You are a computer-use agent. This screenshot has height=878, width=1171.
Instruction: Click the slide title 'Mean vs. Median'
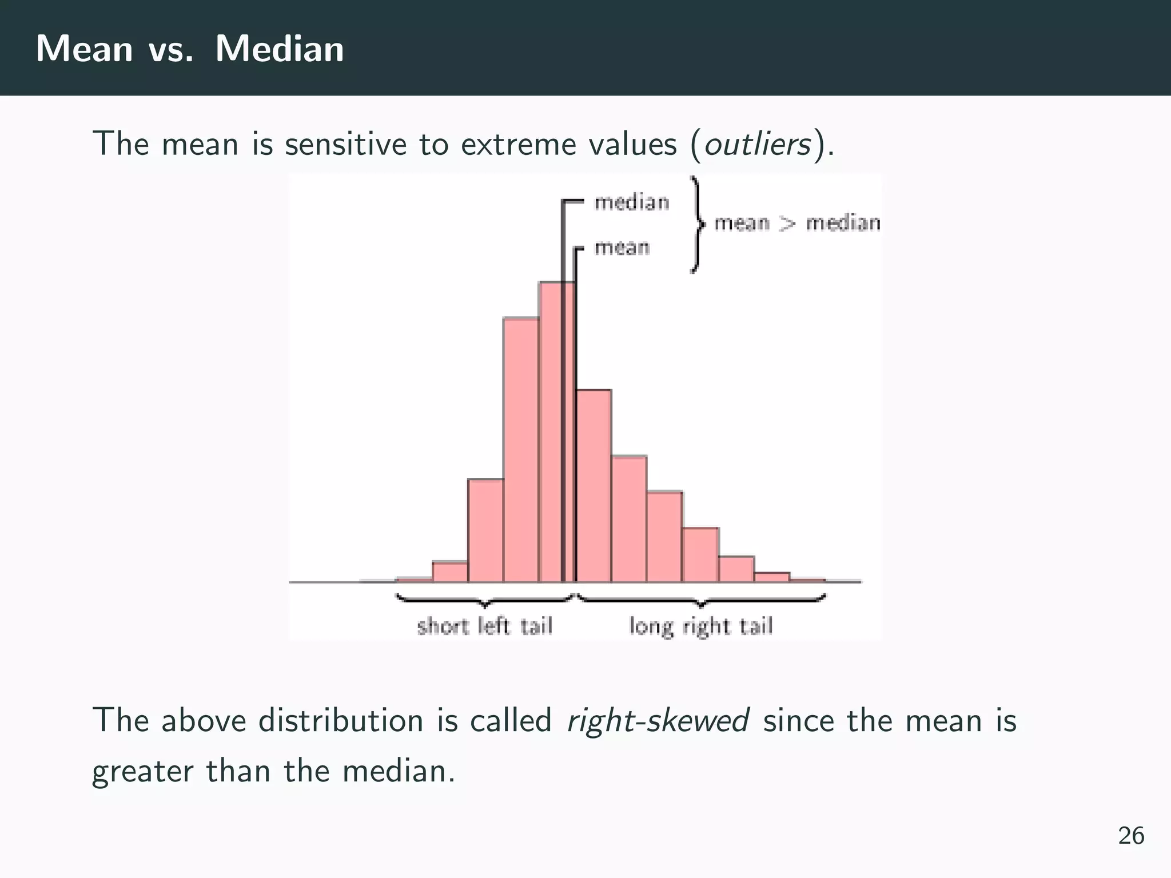(190, 49)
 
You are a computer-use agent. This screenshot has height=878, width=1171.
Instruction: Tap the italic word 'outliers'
(757, 143)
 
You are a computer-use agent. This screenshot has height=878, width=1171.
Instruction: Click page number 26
(1131, 836)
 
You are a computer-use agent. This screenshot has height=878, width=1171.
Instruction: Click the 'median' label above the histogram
(632, 202)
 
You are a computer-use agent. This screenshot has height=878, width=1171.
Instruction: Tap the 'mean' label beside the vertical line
(622, 248)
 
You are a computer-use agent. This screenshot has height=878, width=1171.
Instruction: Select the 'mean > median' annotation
(797, 223)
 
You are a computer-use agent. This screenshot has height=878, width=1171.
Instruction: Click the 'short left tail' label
(485, 626)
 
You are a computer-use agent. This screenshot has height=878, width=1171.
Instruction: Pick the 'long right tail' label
(701, 626)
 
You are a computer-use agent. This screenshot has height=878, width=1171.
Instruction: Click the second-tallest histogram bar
(521, 452)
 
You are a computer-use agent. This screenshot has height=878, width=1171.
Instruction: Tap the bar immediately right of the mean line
(594, 486)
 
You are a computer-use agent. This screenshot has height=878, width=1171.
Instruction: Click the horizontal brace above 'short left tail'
(485, 600)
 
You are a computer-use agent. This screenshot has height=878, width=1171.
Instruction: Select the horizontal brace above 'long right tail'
(701, 600)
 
